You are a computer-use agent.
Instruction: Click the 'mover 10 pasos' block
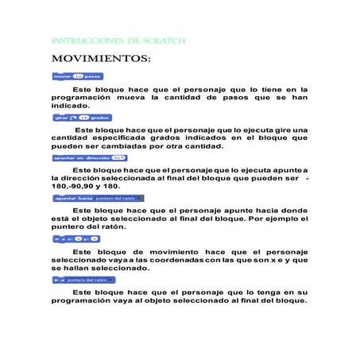[78, 76]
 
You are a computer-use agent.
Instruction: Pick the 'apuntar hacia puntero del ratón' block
[95, 198]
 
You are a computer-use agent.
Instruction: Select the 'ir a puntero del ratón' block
[83, 280]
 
